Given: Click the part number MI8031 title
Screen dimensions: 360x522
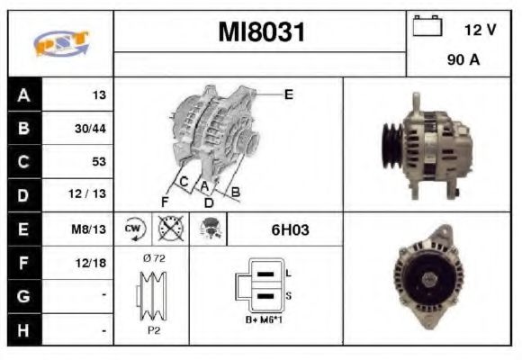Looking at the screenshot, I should [262, 33].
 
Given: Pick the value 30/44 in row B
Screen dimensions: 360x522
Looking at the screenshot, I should [90, 129].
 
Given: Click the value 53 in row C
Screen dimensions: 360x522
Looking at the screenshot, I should [98, 162].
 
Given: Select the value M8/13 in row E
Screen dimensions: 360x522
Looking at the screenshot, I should [91, 229].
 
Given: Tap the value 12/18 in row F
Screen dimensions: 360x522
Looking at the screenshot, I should [91, 263].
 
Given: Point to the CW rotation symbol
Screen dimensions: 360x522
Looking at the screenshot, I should [133, 229].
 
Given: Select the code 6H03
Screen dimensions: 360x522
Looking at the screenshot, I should [290, 229].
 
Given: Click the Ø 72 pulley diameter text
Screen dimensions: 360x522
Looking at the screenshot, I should [153, 257].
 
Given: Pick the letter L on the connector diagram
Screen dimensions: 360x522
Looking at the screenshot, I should [287, 273].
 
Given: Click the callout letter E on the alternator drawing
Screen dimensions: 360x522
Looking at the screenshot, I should [288, 93].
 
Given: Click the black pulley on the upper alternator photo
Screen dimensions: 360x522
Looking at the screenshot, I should [392, 146].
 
